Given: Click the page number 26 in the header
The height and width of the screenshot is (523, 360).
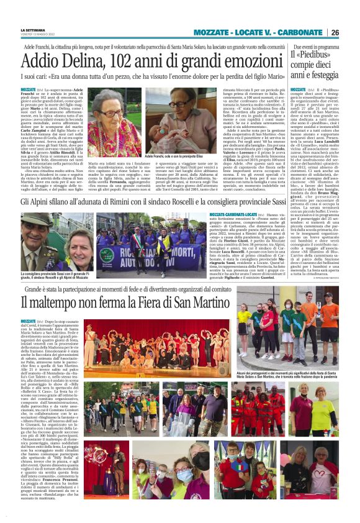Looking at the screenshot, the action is [335, 32].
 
